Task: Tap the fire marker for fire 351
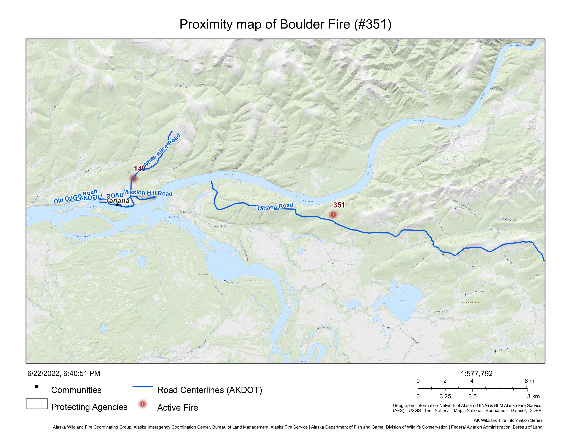(x=333, y=215)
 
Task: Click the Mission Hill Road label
(x=148, y=193)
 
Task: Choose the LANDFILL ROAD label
(x=99, y=197)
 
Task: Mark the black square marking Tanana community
(x=117, y=205)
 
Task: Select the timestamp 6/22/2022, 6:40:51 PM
(x=64, y=373)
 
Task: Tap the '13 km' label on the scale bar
(x=532, y=396)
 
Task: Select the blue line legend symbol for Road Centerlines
(x=143, y=387)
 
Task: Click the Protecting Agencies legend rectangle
(x=37, y=404)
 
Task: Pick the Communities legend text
(x=76, y=390)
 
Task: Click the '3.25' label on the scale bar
(x=445, y=396)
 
